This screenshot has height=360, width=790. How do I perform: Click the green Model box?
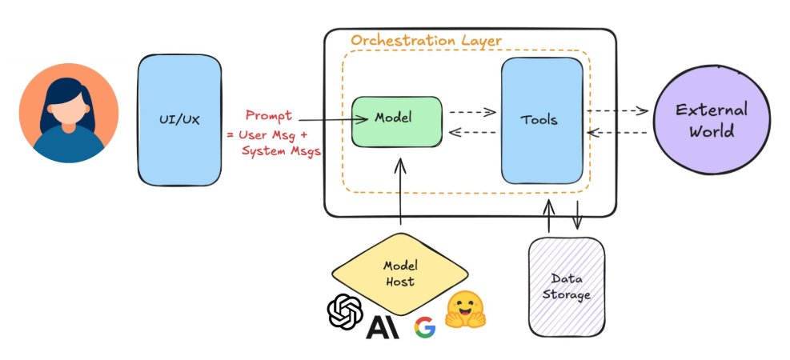pyautogui.click(x=397, y=122)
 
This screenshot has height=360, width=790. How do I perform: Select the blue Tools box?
pyautogui.click(x=541, y=121)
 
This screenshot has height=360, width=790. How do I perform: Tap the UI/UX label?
pyautogui.click(x=179, y=119)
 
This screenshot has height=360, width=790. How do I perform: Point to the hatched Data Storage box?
pyautogui.click(x=567, y=286)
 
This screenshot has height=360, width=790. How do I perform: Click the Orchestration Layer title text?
pyautogui.click(x=427, y=40)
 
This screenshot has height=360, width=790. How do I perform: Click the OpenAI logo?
pyautogui.click(x=345, y=313)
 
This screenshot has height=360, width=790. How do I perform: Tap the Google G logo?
pyautogui.click(x=424, y=326)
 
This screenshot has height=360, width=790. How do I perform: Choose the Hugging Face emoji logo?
pyautogui.click(x=467, y=311)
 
